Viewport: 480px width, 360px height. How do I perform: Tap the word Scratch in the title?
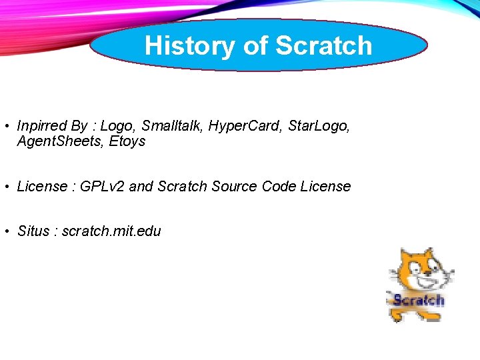point(323,45)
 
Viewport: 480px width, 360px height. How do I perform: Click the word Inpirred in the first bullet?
point(42,126)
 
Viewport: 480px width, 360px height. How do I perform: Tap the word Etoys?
point(127,141)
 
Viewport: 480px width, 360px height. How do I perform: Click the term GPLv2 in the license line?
point(102,187)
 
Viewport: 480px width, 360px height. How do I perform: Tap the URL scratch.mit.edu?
point(111,231)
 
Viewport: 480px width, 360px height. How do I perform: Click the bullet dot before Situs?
point(5,231)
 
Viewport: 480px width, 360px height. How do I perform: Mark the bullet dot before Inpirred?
point(5,126)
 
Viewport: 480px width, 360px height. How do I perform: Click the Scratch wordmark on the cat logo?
point(418,300)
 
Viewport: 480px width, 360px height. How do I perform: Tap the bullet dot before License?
point(5,187)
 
